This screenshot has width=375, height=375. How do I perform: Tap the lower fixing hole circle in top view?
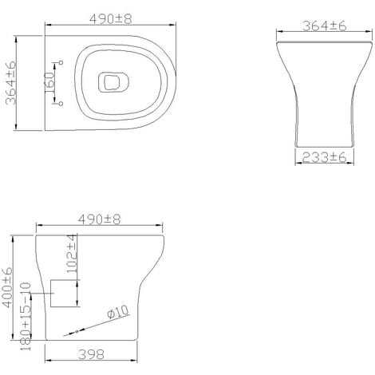coord(60,105)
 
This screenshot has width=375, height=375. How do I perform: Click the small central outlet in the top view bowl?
coord(109,81)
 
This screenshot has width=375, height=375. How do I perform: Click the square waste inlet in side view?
coord(64,294)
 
